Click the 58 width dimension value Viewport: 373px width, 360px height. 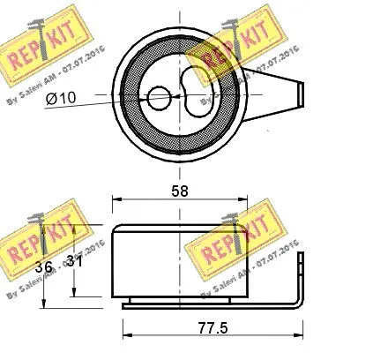click(x=179, y=190)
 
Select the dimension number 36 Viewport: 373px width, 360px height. click(x=42, y=263)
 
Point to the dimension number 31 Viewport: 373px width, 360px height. click(x=75, y=263)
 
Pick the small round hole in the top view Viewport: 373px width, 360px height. click(x=159, y=98)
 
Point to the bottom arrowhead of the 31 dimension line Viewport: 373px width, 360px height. click(x=76, y=295)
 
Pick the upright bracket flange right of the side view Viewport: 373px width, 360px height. click(x=301, y=278)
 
